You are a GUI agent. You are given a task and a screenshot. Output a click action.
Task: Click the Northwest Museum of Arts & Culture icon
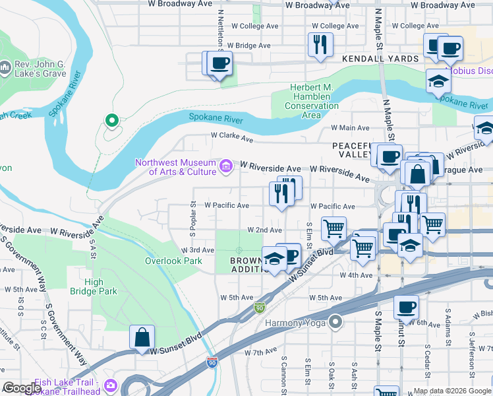[226, 165]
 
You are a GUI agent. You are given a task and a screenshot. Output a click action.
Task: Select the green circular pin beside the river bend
[111, 120]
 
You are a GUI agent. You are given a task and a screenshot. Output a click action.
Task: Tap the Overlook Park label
[173, 261]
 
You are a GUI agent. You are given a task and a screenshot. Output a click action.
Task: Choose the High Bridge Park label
[104, 286]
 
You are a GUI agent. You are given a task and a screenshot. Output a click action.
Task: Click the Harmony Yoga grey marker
[336, 322]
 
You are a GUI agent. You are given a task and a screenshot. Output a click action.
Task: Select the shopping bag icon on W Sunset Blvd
[142, 337]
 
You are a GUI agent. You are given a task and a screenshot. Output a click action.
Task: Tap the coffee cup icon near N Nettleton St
[219, 63]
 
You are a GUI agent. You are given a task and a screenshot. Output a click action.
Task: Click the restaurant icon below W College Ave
[320, 44]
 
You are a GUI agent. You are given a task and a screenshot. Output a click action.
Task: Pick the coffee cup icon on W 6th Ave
[406, 307]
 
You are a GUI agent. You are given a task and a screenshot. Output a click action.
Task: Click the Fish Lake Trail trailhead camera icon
[110, 385]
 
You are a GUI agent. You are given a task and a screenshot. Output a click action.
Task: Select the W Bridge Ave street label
[248, 46]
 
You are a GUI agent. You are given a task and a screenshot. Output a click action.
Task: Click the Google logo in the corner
[22, 388]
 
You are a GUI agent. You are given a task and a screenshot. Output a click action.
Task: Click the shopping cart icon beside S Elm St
[334, 228]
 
